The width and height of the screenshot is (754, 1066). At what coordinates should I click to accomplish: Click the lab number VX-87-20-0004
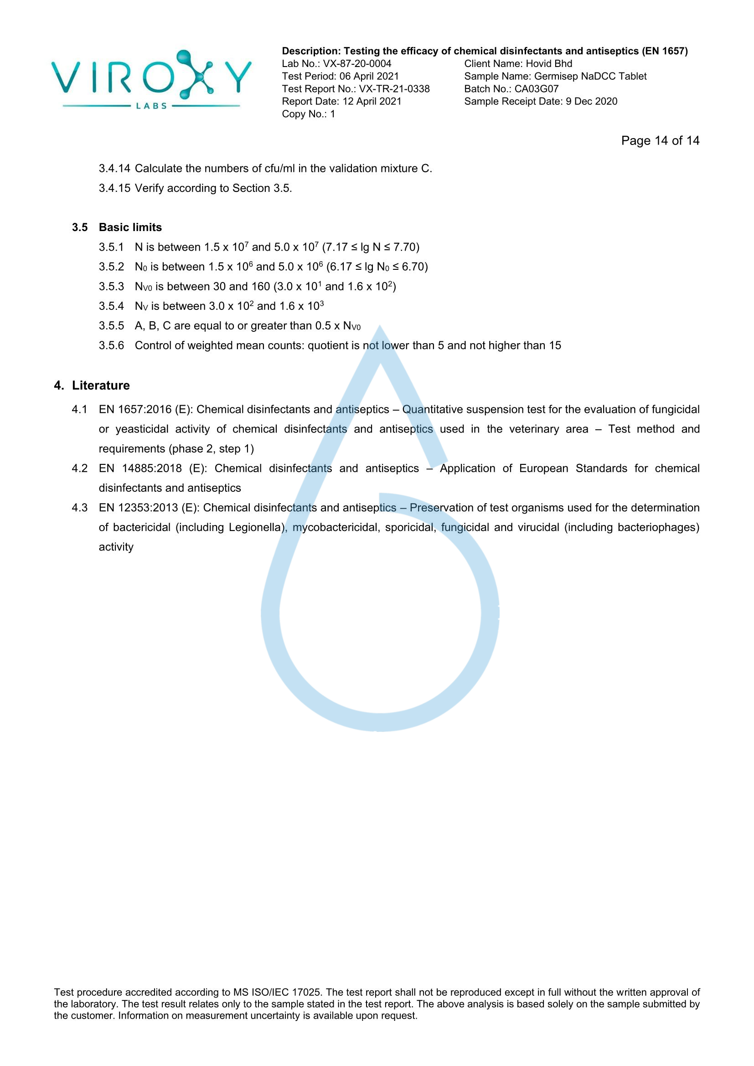click(x=357, y=64)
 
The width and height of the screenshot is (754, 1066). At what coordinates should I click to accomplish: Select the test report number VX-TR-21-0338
click(x=394, y=89)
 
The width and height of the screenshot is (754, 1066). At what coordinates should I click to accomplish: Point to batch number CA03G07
click(x=536, y=89)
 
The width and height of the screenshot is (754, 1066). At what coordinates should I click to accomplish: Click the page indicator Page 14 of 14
click(x=660, y=141)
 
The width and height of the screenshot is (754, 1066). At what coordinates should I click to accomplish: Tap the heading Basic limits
click(x=130, y=227)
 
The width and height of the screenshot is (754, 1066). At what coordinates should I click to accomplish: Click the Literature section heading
click(x=101, y=386)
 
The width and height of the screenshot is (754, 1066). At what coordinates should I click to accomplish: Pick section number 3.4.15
click(x=114, y=188)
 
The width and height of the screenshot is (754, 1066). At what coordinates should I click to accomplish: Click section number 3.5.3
click(x=111, y=287)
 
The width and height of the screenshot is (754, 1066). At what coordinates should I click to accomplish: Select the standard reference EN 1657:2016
click(x=135, y=410)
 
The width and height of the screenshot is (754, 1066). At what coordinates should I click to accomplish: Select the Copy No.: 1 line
click(x=308, y=114)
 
